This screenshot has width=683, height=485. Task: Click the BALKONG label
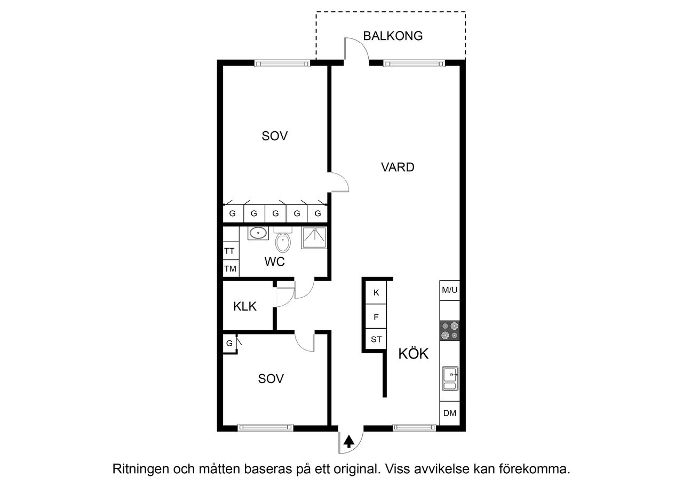393,36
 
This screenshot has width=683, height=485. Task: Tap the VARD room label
398,167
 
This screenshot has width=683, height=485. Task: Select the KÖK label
414,354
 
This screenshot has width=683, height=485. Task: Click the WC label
275,262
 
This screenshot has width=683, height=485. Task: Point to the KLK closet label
245,306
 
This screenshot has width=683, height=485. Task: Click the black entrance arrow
349,441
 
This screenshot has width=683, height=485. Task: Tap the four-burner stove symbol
449,331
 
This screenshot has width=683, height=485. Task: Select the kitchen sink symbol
449,379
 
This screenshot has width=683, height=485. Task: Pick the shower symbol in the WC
314,238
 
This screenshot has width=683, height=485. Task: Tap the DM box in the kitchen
450,414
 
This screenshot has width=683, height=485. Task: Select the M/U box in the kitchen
449,290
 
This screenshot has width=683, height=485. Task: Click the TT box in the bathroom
230,251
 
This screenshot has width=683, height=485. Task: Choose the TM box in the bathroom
230,269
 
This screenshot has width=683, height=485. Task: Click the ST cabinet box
376,339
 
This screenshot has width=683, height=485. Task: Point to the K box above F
376,292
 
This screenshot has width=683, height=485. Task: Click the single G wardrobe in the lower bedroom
229,343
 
